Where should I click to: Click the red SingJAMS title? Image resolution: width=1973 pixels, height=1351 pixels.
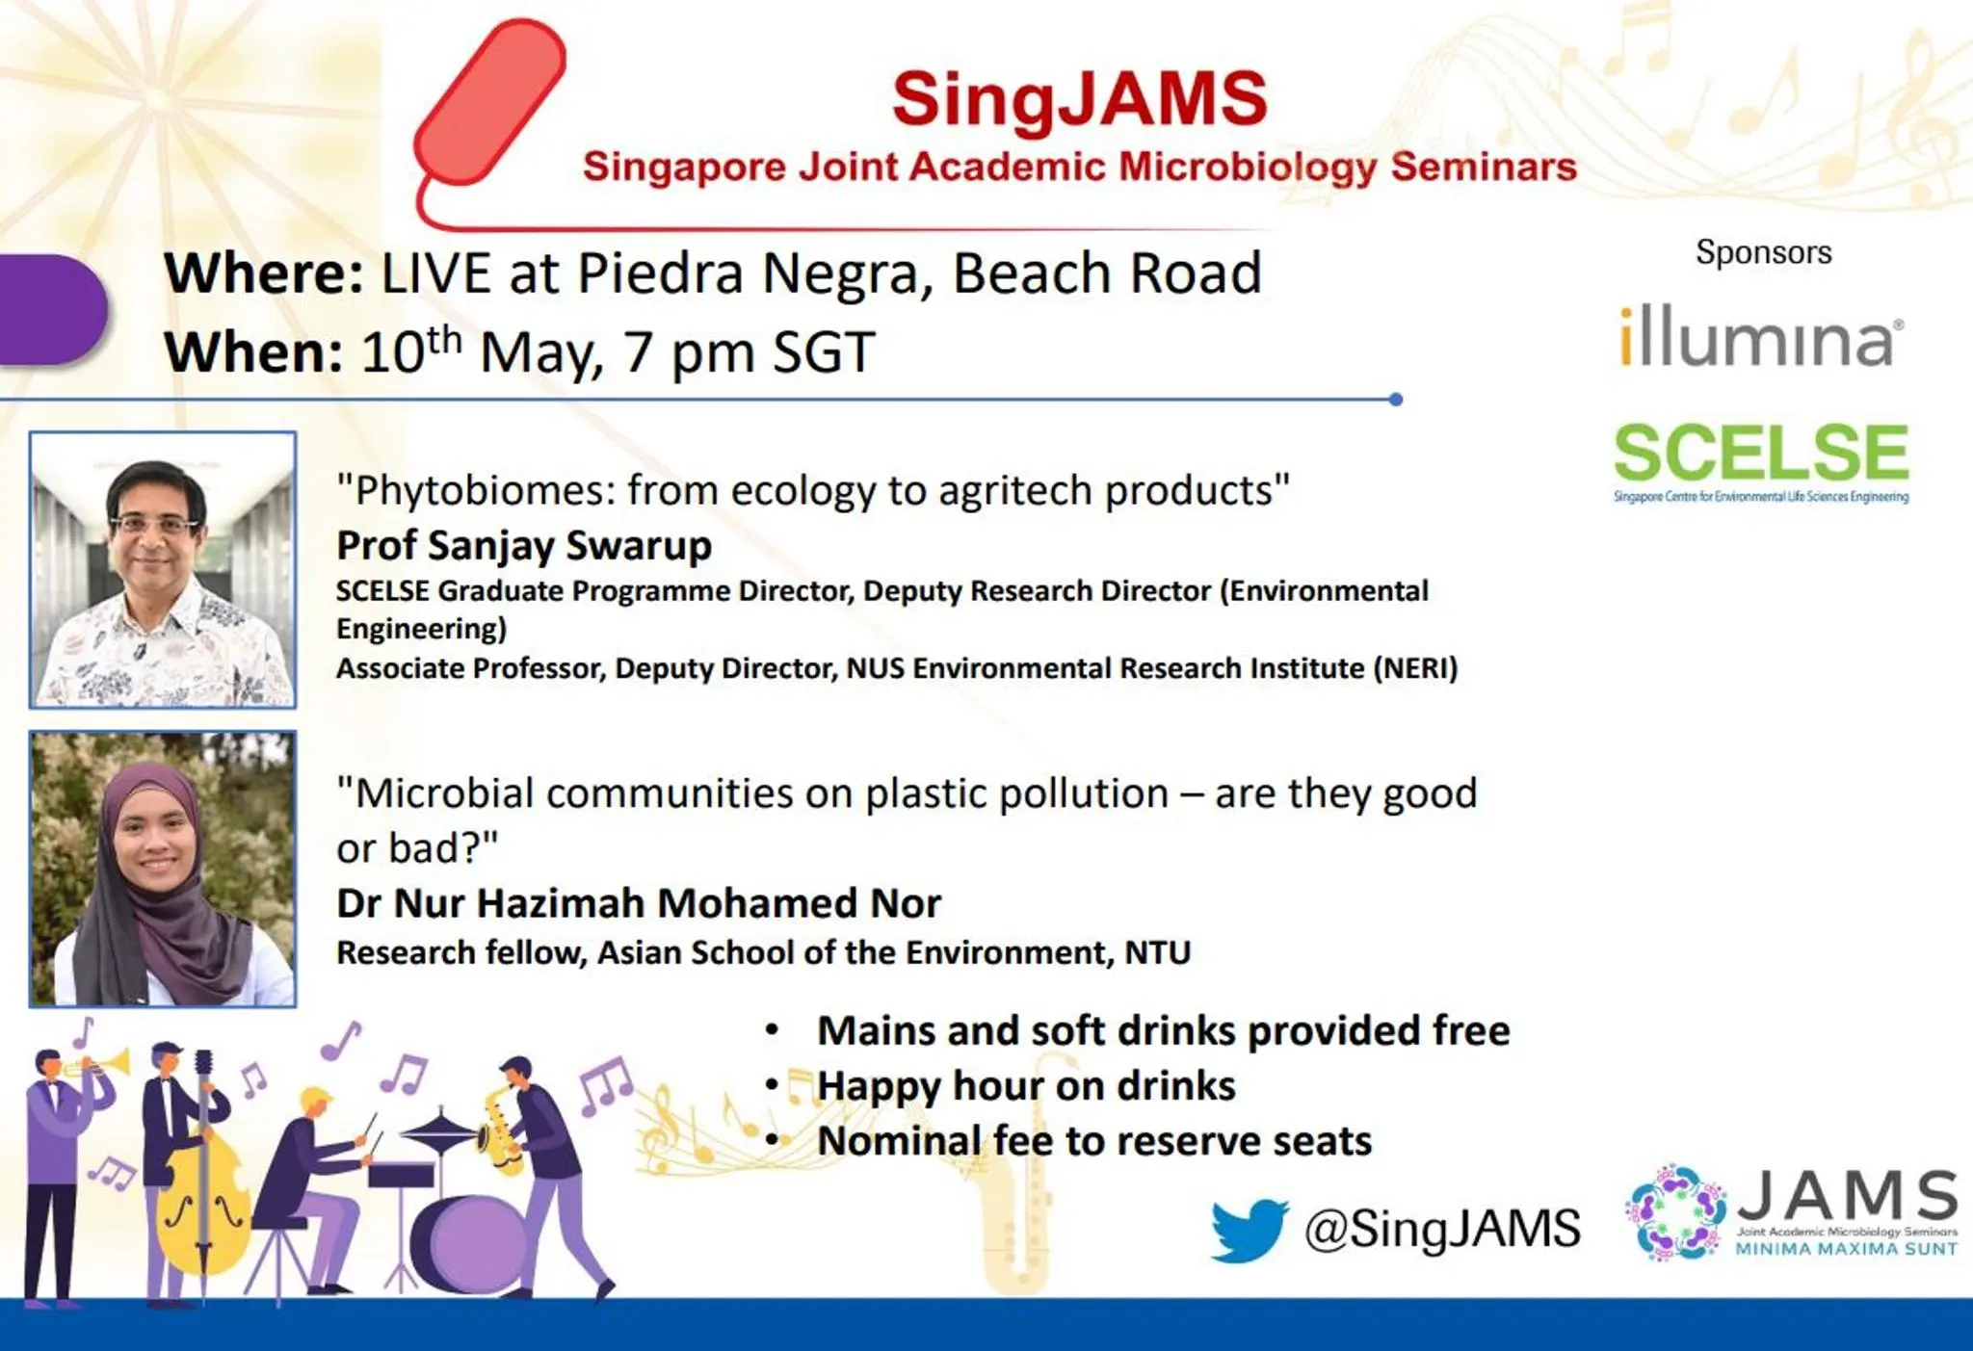point(1079,99)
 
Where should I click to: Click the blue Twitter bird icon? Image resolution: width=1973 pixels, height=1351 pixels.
point(1250,1230)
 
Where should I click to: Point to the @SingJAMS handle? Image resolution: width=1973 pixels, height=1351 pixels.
point(1442,1230)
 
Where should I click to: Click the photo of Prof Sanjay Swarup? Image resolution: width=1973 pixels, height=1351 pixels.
point(163,570)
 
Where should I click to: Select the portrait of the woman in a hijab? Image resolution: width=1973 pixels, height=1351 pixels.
point(163,870)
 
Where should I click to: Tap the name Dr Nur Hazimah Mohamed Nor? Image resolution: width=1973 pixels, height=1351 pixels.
point(638,903)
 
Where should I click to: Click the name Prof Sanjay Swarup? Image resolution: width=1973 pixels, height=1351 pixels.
point(524,546)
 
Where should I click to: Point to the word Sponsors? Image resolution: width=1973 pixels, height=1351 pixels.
point(1763,252)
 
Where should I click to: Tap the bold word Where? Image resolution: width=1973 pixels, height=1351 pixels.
point(263,273)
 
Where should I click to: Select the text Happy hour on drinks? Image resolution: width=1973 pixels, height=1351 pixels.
point(1026,1086)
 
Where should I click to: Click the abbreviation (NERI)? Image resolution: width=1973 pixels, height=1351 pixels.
point(1415,668)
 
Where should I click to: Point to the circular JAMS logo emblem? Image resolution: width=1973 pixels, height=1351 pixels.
point(1676,1211)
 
